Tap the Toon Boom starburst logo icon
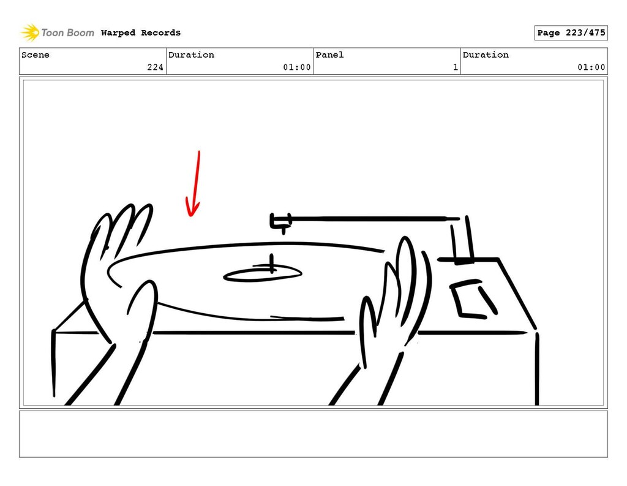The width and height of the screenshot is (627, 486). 31,32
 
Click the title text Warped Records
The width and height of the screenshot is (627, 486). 141,33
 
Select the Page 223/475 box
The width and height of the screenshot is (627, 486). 571,33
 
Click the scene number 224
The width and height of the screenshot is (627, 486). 155,67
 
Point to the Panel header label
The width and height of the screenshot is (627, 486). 329,55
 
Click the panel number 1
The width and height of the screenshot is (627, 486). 456,67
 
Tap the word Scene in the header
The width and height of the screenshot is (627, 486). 36,55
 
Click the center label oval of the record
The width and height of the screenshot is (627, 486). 262,275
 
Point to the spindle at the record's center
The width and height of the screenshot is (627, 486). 271,264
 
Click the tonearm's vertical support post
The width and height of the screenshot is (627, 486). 463,240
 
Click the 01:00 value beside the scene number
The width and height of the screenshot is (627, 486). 297,67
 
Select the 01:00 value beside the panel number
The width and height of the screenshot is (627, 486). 591,67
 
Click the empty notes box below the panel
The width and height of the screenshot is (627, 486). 313,434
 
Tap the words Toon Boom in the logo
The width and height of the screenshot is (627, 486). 67,33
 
